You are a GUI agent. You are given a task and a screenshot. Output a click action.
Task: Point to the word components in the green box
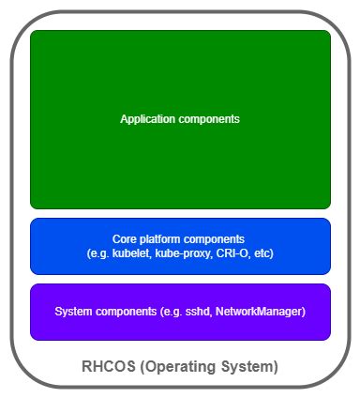pyautogui.click(x=210, y=119)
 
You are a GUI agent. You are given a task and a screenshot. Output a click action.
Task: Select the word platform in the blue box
pyautogui.click(x=154, y=239)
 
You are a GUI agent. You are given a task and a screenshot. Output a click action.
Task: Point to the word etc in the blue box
pyautogui.click(x=262, y=254)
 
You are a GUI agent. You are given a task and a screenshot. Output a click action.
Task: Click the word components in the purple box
pyautogui.click(x=127, y=311)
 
